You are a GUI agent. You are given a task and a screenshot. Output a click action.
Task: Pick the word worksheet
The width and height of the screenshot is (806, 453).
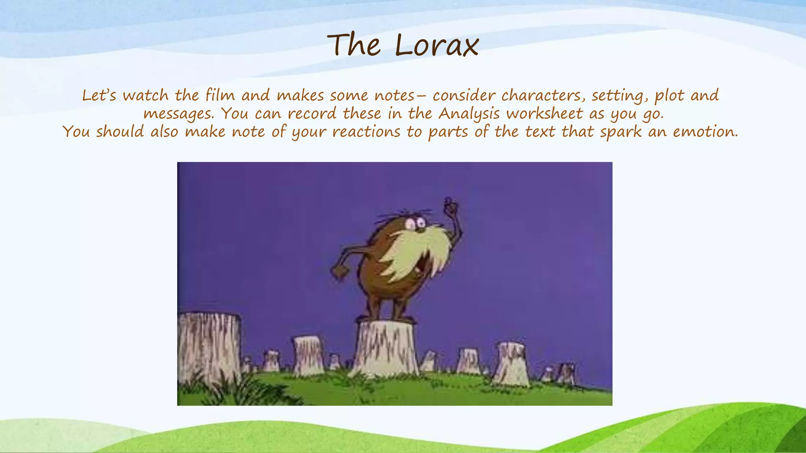[x=544, y=114]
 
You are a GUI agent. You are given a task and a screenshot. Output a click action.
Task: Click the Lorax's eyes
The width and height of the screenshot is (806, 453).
[x=416, y=224]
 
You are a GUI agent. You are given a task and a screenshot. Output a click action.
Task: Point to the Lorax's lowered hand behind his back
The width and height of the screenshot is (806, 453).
[x=338, y=272]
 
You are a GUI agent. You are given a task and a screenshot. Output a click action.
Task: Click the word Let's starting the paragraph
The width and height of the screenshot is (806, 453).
[x=99, y=96]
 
